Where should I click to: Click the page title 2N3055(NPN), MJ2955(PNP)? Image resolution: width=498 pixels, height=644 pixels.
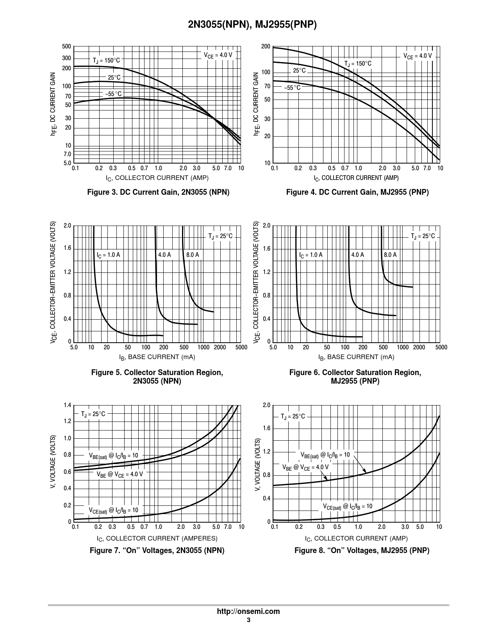coord(249,25)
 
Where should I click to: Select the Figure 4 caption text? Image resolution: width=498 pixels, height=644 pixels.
coord(357,192)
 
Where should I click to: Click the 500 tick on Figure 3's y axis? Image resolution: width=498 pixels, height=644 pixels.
coord(66,47)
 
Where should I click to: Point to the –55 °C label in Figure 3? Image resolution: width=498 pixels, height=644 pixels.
coord(113,94)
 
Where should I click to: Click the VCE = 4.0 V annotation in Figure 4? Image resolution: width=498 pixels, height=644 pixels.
coord(418,56)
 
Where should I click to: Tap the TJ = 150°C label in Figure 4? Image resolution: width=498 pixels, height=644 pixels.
coord(357,64)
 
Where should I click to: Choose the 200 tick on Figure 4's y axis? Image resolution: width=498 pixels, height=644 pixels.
coord(266,47)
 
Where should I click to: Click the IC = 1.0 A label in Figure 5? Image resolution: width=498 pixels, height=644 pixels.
coord(108,255)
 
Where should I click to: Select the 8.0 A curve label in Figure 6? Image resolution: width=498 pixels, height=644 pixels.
coord(390,255)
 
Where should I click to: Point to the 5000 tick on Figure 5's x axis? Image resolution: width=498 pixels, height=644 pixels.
coord(241,347)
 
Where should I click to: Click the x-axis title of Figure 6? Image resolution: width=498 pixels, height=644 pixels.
coord(356,357)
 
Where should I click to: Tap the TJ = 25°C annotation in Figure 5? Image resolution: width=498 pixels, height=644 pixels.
coord(220,236)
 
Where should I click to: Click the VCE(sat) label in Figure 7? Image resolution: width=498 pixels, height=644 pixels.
coord(113,510)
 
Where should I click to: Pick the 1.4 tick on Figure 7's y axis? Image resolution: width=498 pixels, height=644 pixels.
coord(67,406)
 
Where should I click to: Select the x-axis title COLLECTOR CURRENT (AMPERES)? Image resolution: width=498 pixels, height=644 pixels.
coord(157,538)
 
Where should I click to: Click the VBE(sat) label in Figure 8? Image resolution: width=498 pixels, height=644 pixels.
coord(325,455)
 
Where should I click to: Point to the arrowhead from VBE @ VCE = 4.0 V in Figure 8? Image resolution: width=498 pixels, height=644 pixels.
coord(326,478)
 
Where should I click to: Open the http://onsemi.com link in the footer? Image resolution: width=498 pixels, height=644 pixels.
coord(248,612)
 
